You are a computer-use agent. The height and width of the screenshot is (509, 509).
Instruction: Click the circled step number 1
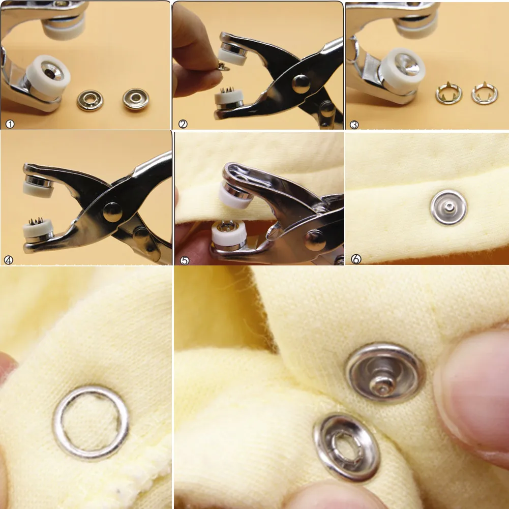(10, 124)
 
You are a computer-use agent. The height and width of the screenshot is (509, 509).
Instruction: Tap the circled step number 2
(183, 124)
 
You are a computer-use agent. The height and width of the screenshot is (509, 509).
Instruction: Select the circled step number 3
(354, 125)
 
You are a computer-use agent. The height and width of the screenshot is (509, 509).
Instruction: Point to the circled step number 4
(9, 260)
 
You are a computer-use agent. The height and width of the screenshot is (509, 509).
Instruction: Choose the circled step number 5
(185, 260)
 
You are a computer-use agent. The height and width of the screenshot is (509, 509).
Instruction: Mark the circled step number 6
(356, 259)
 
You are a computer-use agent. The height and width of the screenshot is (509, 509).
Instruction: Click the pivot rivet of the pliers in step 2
(301, 84)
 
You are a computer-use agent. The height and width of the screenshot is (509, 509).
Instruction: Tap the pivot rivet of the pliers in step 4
(113, 213)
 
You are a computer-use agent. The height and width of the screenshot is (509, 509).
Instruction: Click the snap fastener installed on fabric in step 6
(448, 207)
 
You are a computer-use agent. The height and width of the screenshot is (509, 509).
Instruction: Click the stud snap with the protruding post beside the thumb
(385, 373)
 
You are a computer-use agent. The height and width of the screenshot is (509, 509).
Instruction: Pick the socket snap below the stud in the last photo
(347, 447)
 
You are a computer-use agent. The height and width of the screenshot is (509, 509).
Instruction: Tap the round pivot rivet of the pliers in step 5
(315, 241)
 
